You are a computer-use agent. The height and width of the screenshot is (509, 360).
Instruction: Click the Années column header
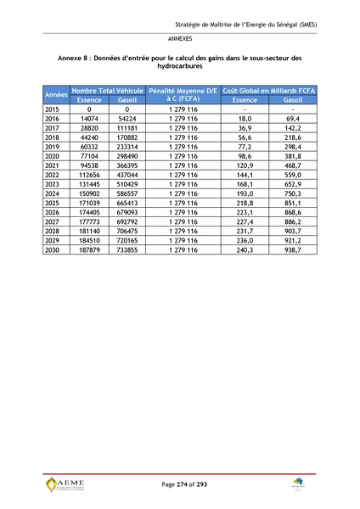pos(56,94)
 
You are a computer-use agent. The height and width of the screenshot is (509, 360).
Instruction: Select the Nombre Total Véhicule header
pos(107,89)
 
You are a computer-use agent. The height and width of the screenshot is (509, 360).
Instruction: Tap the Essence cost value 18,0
pos(245,119)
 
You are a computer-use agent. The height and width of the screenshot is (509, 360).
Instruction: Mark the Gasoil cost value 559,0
pos(292,175)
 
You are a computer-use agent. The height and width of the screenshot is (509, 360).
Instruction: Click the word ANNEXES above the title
pos(179,39)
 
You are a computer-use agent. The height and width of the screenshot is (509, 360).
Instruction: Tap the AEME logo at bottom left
pos(65,485)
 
